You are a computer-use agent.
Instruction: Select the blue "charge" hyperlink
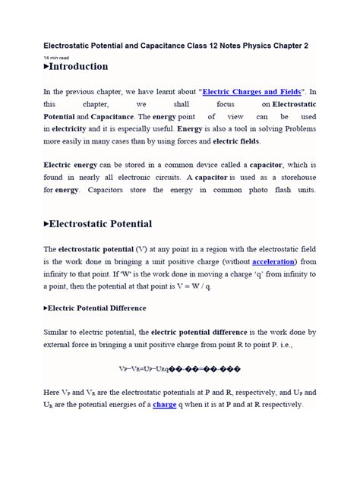[x=165, y=405]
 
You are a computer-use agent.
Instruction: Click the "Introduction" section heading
[x=78, y=66]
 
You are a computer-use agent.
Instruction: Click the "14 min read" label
[x=56, y=56]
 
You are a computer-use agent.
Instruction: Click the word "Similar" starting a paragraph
[x=60, y=333]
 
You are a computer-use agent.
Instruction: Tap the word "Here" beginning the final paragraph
[x=53, y=393]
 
